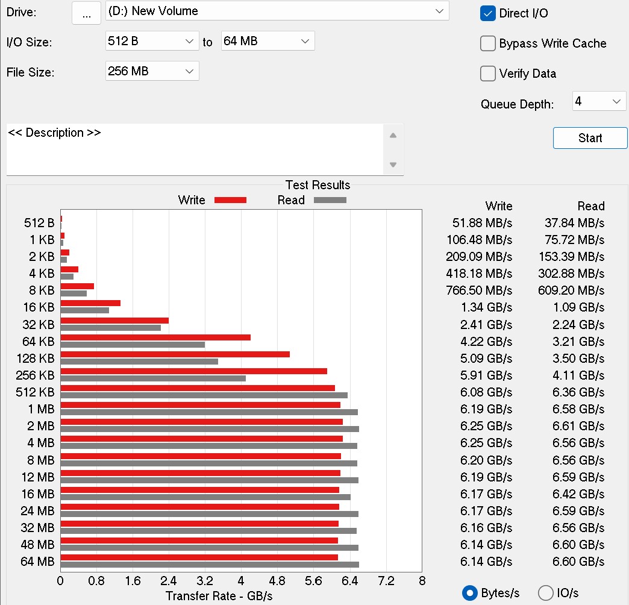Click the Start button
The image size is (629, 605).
(x=590, y=138)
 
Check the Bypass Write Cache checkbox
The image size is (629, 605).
(x=488, y=43)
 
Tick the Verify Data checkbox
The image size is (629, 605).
(x=488, y=74)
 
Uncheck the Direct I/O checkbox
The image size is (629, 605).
(x=488, y=13)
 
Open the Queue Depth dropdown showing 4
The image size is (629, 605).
(x=599, y=101)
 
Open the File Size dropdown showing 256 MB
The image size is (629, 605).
(x=152, y=71)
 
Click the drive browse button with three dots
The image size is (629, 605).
(x=86, y=13)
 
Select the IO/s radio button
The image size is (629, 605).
(x=546, y=593)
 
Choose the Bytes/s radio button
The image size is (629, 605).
(x=470, y=593)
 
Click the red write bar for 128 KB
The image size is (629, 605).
(x=175, y=354)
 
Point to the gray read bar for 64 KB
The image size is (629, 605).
(x=133, y=345)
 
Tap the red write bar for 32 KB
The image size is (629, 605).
(x=114, y=321)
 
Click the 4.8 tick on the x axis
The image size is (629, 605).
(x=277, y=581)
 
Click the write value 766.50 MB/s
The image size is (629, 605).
(x=480, y=290)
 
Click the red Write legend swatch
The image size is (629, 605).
(x=230, y=200)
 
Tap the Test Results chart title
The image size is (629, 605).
(x=318, y=185)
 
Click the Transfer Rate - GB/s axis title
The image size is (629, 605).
(x=219, y=596)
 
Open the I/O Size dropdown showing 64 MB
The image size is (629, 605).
(x=268, y=41)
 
